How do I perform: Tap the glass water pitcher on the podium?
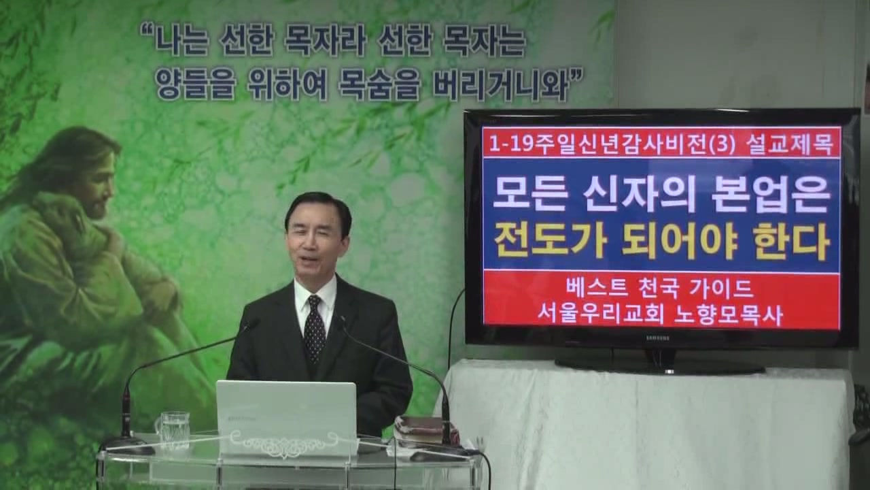(173, 430)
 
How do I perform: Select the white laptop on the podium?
(287, 418)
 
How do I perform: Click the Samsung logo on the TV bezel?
(657, 338)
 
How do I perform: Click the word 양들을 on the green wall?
(194, 84)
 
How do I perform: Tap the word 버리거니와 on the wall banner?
(497, 83)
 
